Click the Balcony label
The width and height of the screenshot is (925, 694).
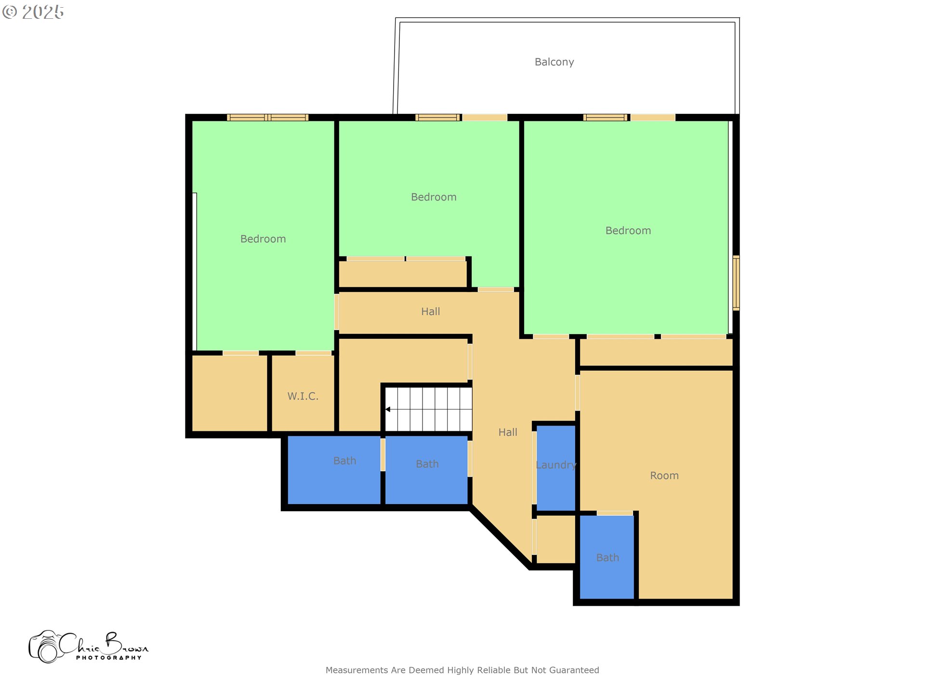click(554, 62)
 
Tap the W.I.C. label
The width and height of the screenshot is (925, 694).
click(303, 396)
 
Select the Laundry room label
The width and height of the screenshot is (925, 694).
click(556, 465)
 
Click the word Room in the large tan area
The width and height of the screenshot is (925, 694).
click(664, 476)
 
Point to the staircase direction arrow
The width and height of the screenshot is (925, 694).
click(388, 409)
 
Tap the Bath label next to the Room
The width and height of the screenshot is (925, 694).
click(608, 558)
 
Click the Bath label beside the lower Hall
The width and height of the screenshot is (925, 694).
click(427, 464)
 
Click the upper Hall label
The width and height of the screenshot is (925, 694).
click(430, 312)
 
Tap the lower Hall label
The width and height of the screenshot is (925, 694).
click(507, 432)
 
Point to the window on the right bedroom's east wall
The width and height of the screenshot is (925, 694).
click(736, 283)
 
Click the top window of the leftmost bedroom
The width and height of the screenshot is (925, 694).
click(267, 118)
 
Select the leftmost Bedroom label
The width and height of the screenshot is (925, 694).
click(263, 239)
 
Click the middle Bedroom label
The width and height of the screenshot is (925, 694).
click(434, 197)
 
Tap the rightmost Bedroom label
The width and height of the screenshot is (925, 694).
click(628, 231)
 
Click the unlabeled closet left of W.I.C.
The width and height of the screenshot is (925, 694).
click(230, 393)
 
